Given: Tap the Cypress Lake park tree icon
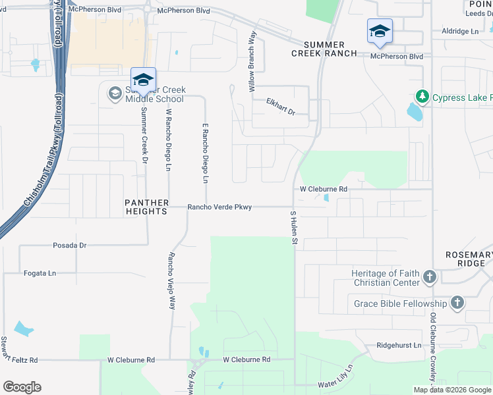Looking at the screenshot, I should tap(422, 97).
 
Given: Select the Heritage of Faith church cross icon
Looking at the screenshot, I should tap(430, 277).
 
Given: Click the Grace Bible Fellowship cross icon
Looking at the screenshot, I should tap(457, 303).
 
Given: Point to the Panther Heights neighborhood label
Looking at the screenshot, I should tap(148, 207).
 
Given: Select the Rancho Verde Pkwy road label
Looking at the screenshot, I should tap(219, 207).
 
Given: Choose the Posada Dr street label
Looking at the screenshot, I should tap(70, 245).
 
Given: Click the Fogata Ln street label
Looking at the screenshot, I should tap(40, 273).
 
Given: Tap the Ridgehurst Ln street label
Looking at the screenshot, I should tap(399, 345).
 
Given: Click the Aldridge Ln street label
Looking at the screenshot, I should tap(460, 31).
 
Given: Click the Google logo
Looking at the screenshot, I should tap(22, 387).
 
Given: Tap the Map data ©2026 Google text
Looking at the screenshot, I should tap(452, 390).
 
